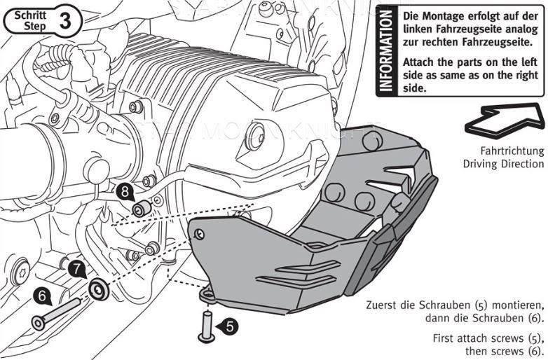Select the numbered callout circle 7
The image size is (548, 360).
[76, 267]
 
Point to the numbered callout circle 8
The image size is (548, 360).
[123, 190]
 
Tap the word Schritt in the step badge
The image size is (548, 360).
[29, 14]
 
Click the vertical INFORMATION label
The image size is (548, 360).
[385, 51]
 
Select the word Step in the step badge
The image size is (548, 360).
[29, 25]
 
